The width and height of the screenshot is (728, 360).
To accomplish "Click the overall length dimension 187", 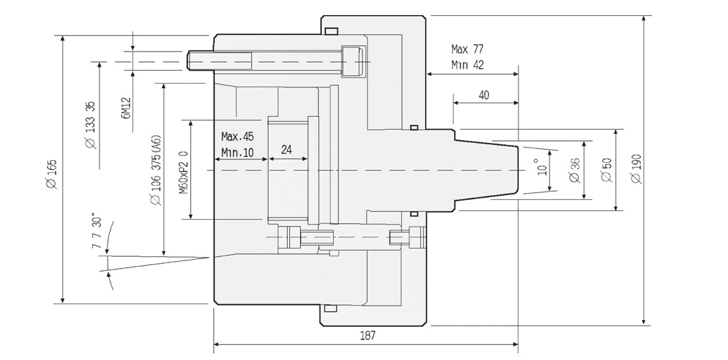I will [367, 335].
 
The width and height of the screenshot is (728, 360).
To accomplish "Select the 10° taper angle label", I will [543, 168].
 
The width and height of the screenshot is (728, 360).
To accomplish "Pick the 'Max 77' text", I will [468, 49].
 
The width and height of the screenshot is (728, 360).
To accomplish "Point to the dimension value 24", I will [287, 150].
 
